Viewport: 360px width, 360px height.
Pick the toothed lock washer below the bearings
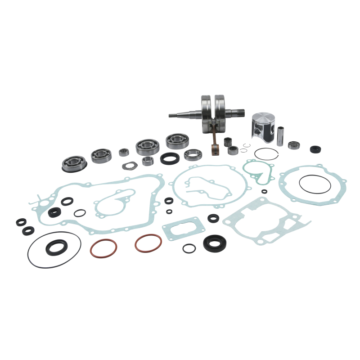(130, 165)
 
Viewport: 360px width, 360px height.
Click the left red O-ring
(103, 248)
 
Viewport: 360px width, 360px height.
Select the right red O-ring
(148, 243)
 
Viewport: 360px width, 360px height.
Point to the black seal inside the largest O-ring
(57, 247)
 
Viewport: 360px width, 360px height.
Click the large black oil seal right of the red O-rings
(215, 243)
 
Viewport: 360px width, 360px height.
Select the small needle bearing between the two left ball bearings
(124, 152)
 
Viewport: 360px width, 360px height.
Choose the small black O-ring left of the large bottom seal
(189, 248)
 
